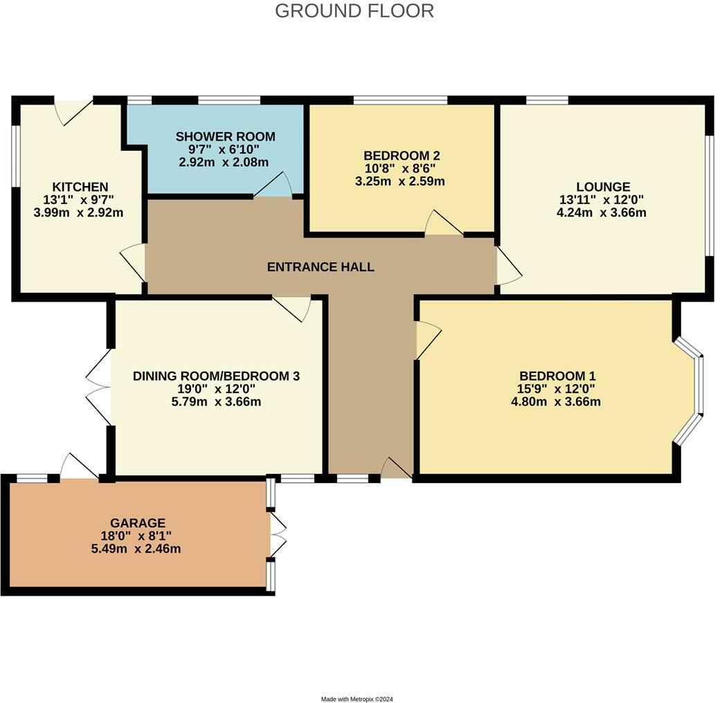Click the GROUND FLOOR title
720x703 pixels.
click(x=354, y=11)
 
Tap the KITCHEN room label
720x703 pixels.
click(x=80, y=187)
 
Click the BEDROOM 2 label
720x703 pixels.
click(x=402, y=155)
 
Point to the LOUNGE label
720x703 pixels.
click(x=603, y=187)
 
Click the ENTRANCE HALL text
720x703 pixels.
click(x=321, y=266)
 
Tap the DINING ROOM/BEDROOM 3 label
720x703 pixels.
click(x=216, y=376)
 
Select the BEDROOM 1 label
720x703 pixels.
click(x=551, y=376)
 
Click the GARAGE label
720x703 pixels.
click(x=137, y=523)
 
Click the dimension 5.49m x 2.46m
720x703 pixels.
click(x=137, y=549)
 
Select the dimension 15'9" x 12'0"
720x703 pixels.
click(x=551, y=389)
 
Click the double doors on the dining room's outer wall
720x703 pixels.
click(x=99, y=387)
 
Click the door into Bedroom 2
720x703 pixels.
click(x=443, y=224)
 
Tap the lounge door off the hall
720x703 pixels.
click(x=507, y=266)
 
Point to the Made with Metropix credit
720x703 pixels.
click(x=357, y=699)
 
